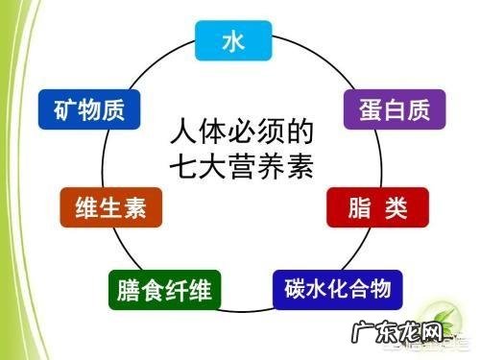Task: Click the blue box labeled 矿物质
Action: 89,108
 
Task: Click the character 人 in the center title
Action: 180,129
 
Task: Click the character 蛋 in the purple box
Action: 362,108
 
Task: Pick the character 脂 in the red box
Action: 353,205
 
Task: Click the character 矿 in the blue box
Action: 61,108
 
